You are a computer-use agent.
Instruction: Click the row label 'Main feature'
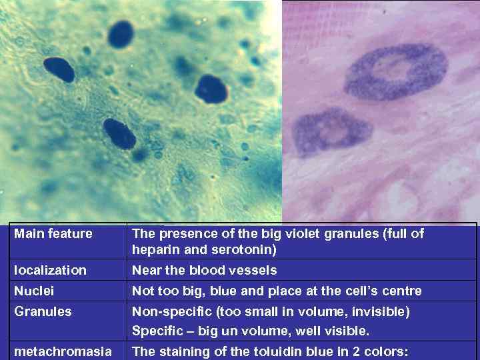[53, 234]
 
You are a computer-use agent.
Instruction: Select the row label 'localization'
[51, 270]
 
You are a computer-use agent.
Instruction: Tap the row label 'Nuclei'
[35, 291]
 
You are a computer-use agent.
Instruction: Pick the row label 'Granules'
[43, 311]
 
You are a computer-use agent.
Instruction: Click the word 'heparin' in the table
[153, 250]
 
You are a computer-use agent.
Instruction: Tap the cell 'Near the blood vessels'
[204, 270]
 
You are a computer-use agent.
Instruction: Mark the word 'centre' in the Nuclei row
[402, 291]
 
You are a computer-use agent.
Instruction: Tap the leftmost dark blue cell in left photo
[59, 69]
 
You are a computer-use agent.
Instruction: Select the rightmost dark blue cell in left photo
[211, 89]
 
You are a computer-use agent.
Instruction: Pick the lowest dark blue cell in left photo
[120, 133]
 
